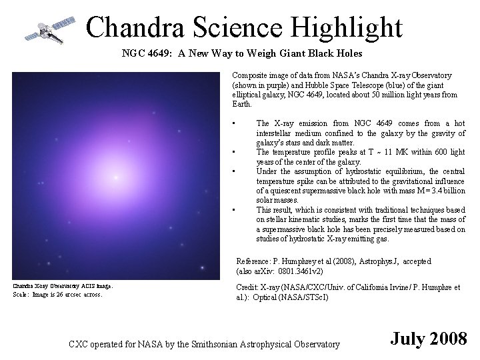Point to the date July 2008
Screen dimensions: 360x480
[429, 338]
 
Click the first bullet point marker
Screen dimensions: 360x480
[234, 123]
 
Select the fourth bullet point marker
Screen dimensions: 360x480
[234, 210]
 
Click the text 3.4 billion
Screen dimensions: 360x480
[442, 191]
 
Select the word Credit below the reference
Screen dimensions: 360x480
[247, 287]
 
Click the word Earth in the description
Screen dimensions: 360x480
[241, 105]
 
